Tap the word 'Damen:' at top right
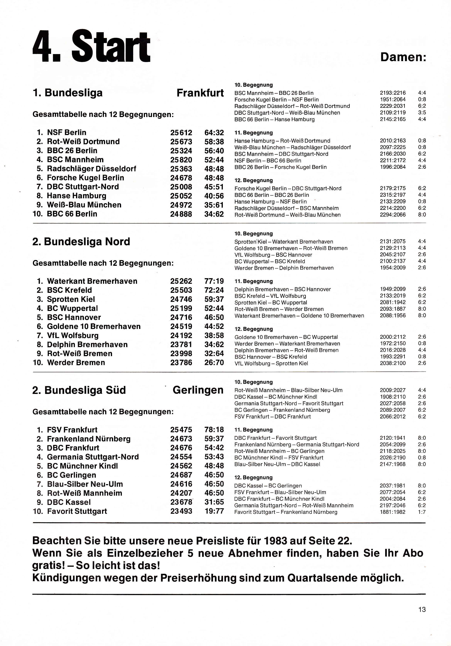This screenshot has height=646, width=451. (403, 57)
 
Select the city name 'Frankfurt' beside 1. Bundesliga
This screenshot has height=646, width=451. (200, 93)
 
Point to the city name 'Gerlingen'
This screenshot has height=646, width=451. (198, 390)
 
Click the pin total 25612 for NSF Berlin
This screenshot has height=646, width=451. (181, 133)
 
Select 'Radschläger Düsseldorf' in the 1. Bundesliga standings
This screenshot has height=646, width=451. (91, 169)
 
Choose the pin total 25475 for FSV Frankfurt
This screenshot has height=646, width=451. (181, 430)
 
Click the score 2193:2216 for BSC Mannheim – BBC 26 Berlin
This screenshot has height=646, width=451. (393, 93)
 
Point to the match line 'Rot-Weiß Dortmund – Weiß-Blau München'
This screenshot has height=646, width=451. (287, 215)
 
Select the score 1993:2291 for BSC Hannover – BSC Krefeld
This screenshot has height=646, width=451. (393, 357)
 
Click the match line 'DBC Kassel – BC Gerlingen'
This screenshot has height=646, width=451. (268, 486)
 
